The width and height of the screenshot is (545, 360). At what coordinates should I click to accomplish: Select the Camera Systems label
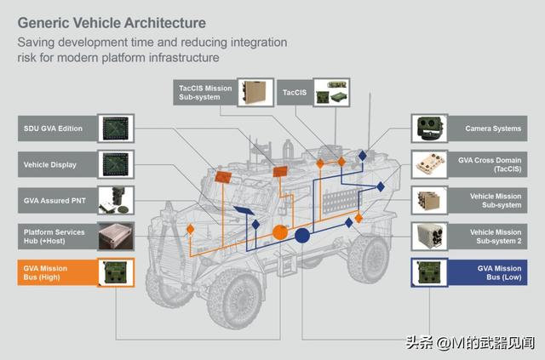pyautogui.click(x=492, y=129)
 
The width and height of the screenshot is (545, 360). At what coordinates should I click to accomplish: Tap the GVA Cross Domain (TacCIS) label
pyautogui.click(x=492, y=163)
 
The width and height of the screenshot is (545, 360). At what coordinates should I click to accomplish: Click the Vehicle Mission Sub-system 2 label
pyautogui.click(x=492, y=236)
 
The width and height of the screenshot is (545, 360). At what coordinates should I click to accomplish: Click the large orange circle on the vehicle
pyautogui.click(x=278, y=231)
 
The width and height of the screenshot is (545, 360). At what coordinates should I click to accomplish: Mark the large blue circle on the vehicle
pyautogui.click(x=301, y=235)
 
